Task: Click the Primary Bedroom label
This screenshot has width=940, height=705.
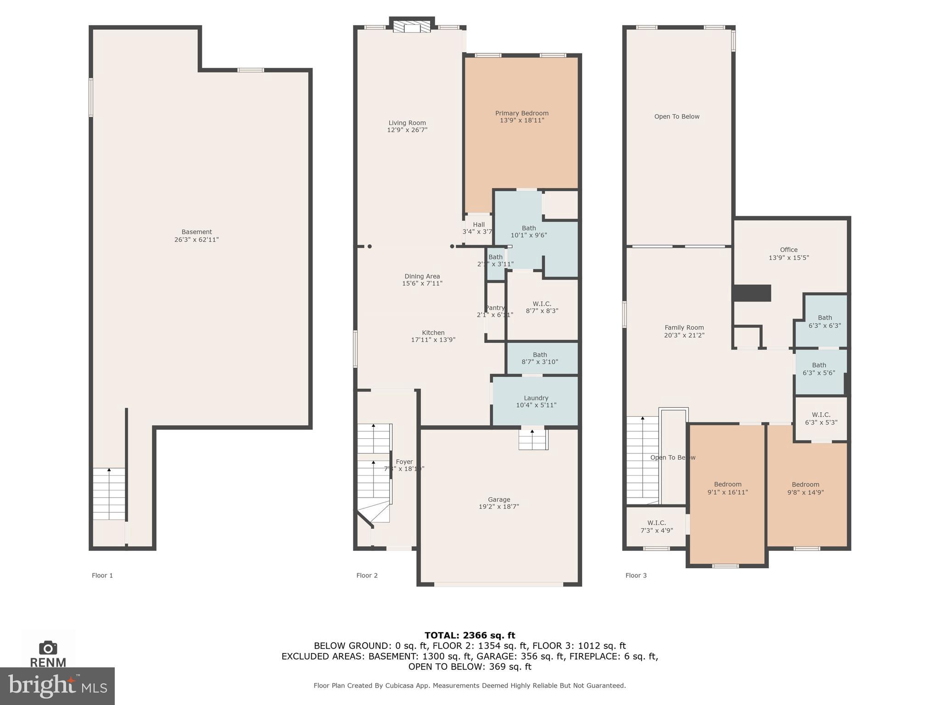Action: pos(522,113)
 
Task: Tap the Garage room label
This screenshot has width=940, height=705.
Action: pos(499,499)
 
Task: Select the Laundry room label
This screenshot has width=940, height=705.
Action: pos(536,398)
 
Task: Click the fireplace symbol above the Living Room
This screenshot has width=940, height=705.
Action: pos(412,27)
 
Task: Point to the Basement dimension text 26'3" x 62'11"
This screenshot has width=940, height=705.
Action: pos(196,240)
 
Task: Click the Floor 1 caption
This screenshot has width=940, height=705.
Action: pos(102,575)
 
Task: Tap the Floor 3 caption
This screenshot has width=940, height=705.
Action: pos(636,575)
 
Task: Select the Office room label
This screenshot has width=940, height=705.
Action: pos(789,250)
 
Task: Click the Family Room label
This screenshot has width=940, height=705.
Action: pos(684,328)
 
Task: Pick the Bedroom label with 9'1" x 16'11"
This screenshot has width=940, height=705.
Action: pos(727,484)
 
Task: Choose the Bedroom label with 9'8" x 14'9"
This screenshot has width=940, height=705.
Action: pos(805,484)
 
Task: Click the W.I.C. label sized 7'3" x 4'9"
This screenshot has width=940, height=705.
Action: pos(656,523)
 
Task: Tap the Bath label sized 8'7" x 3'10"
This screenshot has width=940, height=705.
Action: pos(540,355)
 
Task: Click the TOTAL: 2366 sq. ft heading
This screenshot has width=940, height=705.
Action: pos(470,635)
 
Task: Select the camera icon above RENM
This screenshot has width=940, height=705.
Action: pos(48,648)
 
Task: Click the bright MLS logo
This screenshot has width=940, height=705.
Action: pos(57,686)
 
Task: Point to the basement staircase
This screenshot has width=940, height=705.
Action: pos(109,493)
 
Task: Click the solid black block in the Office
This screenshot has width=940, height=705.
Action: pos(752,293)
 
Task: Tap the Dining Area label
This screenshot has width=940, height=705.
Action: pos(422,276)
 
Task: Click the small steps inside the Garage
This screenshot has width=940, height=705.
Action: pos(533,439)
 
